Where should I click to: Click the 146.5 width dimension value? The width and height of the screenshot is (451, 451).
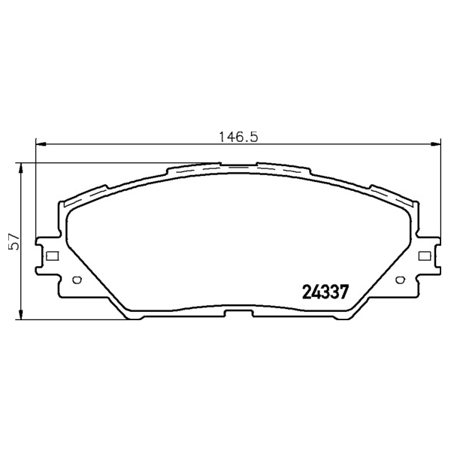(x=238, y=137)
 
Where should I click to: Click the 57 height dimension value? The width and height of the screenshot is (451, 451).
(x=14, y=241)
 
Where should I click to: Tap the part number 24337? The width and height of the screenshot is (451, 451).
(x=325, y=292)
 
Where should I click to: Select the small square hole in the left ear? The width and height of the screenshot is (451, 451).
(x=53, y=256)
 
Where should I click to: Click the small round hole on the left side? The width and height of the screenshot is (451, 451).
(x=77, y=280)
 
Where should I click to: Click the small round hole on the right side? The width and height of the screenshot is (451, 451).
(x=400, y=280)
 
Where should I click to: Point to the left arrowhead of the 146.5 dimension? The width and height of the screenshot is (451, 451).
(x=41, y=144)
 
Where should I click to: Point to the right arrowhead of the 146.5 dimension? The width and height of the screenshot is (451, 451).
(x=435, y=144)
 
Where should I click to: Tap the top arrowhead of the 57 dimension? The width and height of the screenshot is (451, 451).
(x=20, y=168)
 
